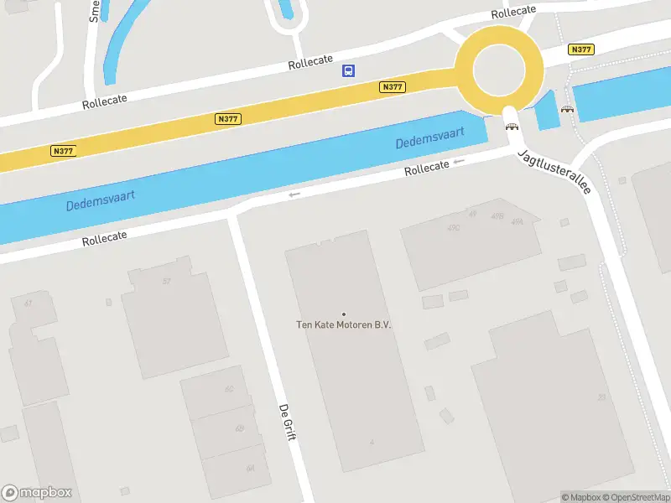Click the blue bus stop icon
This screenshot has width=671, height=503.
pyautogui.click(x=348, y=71)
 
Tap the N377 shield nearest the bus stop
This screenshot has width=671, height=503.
pyautogui.click(x=392, y=87)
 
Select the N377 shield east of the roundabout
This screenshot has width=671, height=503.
pyautogui.click(x=580, y=50)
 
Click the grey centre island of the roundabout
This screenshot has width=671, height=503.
pyautogui.click(x=500, y=69)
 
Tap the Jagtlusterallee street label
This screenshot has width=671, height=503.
pyautogui.click(x=554, y=172)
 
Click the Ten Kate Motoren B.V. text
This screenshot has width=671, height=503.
pyautogui.click(x=344, y=325)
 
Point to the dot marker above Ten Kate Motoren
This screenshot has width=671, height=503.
pyautogui.click(x=343, y=314)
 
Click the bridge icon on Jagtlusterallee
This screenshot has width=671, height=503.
pyautogui.click(x=511, y=127)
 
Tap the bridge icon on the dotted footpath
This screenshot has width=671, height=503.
pyautogui.click(x=568, y=110)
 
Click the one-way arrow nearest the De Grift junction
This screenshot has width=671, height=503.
pyautogui.click(x=294, y=194)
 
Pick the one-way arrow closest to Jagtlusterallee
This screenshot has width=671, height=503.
pyautogui.click(x=458, y=161)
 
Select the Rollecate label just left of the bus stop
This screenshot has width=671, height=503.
pyautogui.click(x=310, y=65)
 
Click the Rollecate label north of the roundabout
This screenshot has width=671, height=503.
pyautogui.click(x=513, y=12)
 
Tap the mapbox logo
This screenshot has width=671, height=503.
pyautogui.click(x=37, y=493)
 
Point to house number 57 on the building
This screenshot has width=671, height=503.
pyautogui.click(x=167, y=281)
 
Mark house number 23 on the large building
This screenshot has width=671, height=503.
pyautogui.click(x=601, y=397)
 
